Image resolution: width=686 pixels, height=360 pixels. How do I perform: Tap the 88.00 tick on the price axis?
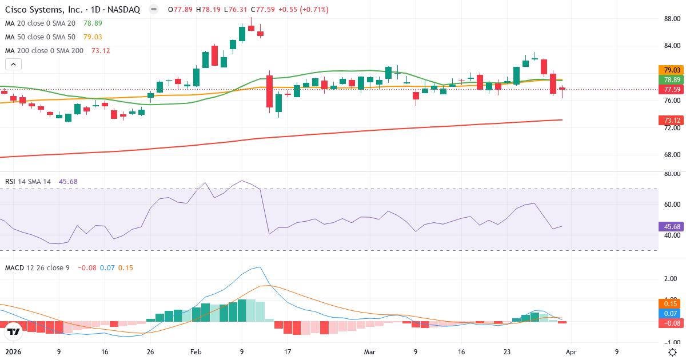point(672,19)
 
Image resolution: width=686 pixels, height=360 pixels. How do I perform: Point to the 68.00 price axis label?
point(672,154)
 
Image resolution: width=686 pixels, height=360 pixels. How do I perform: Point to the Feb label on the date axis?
point(196,352)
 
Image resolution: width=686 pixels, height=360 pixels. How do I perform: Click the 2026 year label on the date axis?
point(13,352)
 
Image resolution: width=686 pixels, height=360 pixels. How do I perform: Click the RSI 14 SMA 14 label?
point(28,182)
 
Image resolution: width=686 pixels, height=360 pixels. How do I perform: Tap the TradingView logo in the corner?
point(14,331)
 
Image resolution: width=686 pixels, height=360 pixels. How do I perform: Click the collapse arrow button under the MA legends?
point(13,65)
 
